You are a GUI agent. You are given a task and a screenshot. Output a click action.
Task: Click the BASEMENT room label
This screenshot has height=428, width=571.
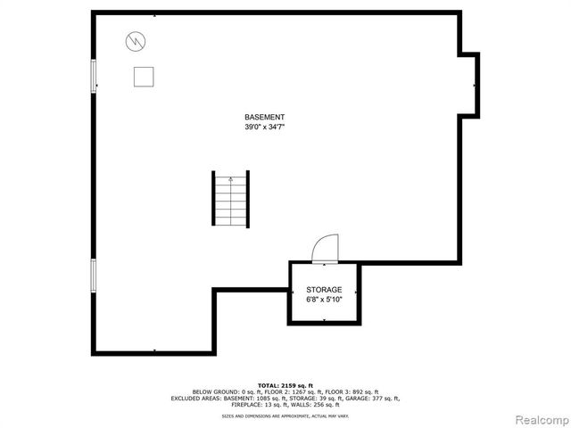click(x=265, y=118)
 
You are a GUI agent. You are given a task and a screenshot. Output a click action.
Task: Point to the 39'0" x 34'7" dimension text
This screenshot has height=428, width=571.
click(x=265, y=128)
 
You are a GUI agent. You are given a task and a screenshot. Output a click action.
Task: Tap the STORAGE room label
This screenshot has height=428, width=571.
click(x=323, y=290)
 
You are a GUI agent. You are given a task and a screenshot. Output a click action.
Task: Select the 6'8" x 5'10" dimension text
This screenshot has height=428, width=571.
click(x=323, y=300)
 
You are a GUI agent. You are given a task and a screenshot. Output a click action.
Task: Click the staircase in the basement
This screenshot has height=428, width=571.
click(x=230, y=198)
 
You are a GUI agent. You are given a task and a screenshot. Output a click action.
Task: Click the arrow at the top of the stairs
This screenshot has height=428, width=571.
click(x=230, y=179)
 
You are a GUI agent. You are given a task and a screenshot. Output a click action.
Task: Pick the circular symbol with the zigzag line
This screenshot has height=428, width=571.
click(x=136, y=40)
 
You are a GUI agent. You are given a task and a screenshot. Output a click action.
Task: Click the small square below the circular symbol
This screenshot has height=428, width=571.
click(x=143, y=77)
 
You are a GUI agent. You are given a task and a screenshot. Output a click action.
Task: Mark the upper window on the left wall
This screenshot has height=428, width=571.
click(x=93, y=75)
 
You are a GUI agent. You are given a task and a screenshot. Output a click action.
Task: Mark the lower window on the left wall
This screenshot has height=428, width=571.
click(x=93, y=277)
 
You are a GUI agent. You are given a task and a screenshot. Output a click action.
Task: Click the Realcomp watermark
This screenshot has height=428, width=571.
click(x=538, y=419)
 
